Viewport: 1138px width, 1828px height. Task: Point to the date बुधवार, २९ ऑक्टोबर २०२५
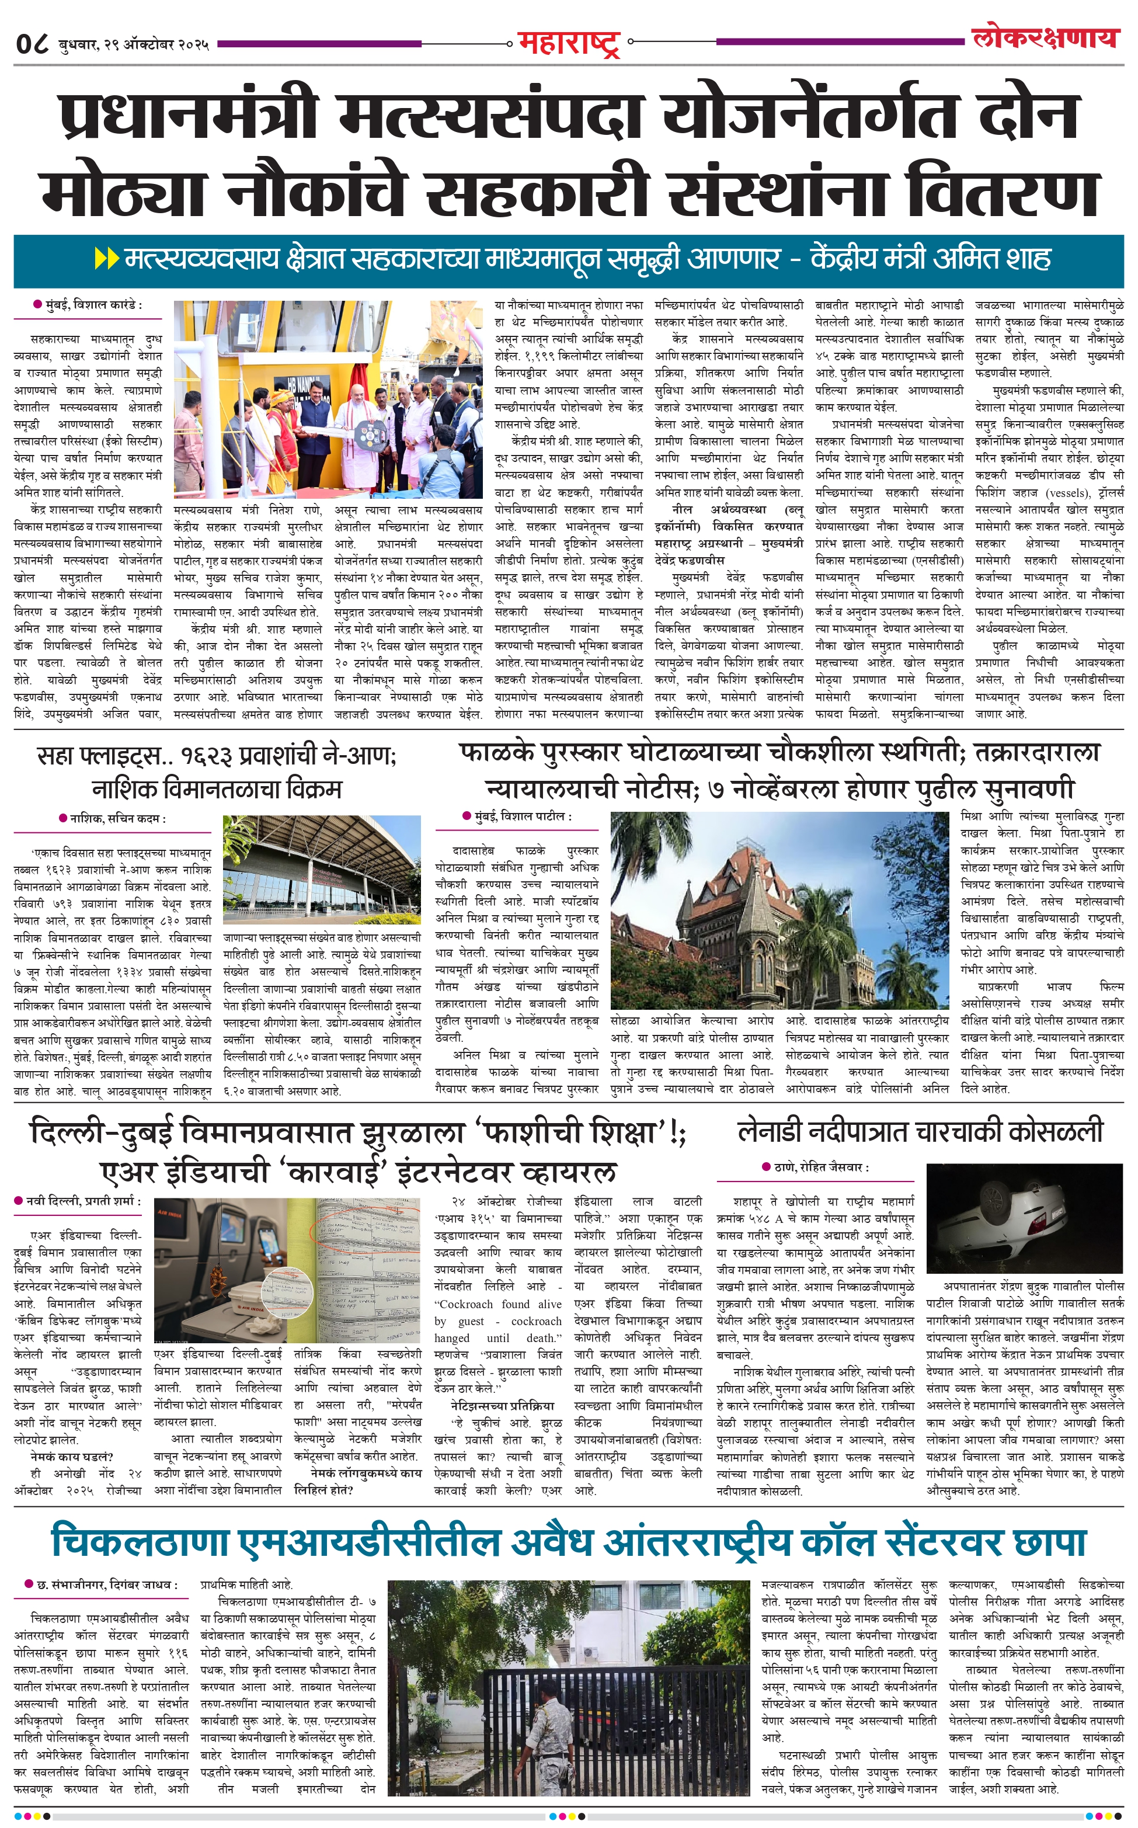[x=134, y=45]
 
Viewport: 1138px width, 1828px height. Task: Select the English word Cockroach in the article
[x=466, y=1304]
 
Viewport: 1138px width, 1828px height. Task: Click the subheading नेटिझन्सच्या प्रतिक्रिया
[x=502, y=1405]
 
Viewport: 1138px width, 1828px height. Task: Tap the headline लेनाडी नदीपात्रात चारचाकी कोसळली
[x=920, y=1131]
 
